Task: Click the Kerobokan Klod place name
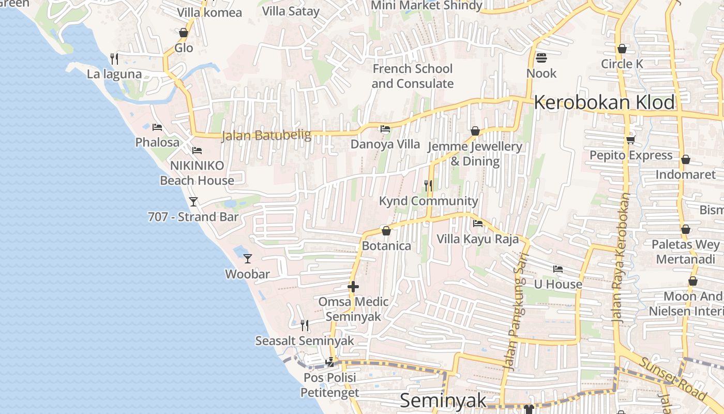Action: click(604, 102)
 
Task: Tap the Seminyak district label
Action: click(443, 401)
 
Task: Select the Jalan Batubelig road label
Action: click(266, 136)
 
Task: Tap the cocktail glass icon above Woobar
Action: click(248, 258)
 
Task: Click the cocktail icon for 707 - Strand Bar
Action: click(193, 201)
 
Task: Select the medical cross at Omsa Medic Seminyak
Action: click(353, 286)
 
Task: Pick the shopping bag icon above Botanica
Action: click(386, 231)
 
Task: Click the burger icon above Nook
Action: click(541, 57)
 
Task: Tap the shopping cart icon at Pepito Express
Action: click(630, 140)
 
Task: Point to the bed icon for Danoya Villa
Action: click(385, 129)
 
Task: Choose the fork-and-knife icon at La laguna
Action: click(114, 58)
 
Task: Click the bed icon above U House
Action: click(558, 269)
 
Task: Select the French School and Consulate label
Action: click(412, 76)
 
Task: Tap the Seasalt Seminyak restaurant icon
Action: click(305, 325)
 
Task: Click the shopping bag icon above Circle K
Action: click(622, 49)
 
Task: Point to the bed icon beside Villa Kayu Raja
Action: click(478, 224)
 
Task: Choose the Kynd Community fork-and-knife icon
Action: click(428, 185)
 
